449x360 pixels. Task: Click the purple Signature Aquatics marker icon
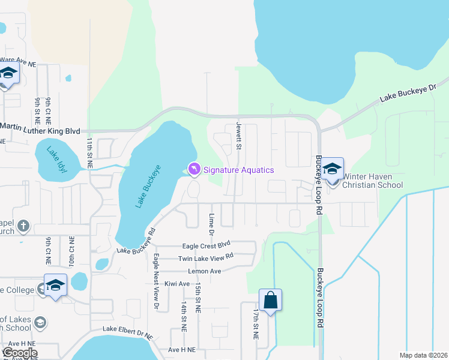pyautogui.click(x=194, y=170)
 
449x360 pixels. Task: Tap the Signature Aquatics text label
pyautogui.click(x=238, y=170)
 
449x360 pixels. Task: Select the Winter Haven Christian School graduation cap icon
pyautogui.click(x=332, y=169)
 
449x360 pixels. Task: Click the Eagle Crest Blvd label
pyautogui.click(x=206, y=245)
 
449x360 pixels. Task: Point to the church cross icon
pyautogui.click(x=23, y=226)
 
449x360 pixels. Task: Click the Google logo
pyautogui.click(x=20, y=353)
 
